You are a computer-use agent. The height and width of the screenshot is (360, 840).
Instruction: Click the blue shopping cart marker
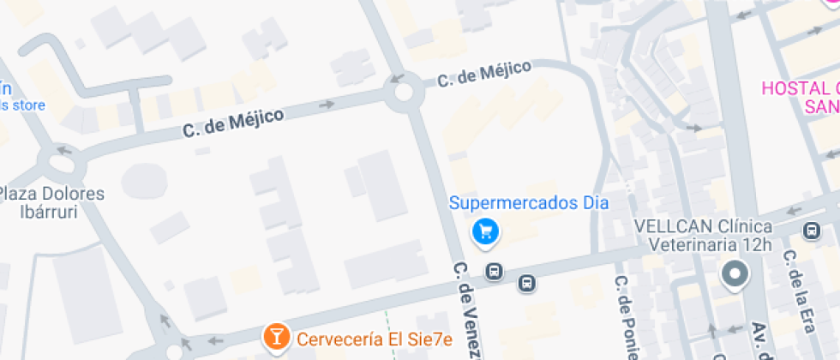pos(486,231)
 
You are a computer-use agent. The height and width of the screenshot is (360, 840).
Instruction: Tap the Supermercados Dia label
pos(529,204)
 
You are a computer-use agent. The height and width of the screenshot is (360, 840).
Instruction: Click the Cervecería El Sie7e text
pos(375,339)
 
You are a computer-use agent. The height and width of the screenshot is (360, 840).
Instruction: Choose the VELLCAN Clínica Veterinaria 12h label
pos(703,236)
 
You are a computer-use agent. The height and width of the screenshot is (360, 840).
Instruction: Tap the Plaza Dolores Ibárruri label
pos(51,202)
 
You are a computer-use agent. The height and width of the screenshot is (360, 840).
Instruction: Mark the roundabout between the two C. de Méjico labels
pos(401,93)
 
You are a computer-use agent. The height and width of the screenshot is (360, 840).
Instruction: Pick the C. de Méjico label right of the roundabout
pos(483,74)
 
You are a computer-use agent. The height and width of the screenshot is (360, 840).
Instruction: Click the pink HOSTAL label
pos(802,97)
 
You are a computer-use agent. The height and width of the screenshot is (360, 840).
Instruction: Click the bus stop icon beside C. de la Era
pos(810,231)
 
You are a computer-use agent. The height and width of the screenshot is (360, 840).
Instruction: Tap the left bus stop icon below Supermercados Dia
pos(494,273)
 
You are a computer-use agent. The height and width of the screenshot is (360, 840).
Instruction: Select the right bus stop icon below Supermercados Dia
pos(526,283)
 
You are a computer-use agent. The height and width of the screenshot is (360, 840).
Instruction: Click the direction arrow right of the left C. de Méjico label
pos(326,105)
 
